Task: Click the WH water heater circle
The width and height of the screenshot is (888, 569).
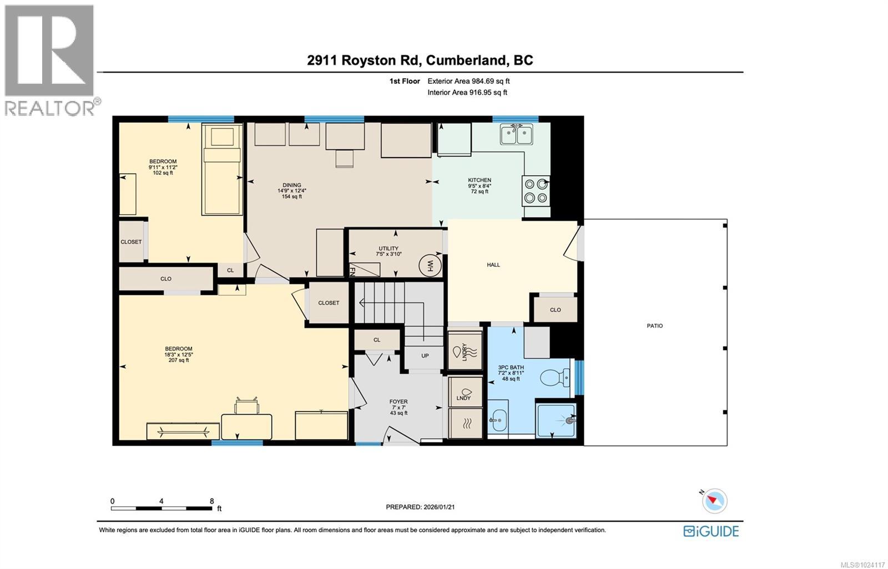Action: click(x=430, y=265)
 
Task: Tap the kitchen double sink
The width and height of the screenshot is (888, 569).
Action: click(x=516, y=134)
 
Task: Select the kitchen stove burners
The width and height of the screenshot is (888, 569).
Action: click(x=536, y=190)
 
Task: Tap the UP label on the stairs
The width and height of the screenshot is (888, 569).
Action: click(x=425, y=356)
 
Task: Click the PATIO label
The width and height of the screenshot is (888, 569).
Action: click(x=655, y=326)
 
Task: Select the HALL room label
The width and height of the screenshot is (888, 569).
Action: click(x=493, y=265)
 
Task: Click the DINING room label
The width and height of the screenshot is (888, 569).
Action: click(x=291, y=185)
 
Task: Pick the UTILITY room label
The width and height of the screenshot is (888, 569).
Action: click(x=389, y=248)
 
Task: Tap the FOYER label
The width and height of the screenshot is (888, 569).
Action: click(x=398, y=402)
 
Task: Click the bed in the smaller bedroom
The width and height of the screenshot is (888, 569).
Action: click(x=222, y=169)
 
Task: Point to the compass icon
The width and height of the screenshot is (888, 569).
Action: click(x=714, y=501)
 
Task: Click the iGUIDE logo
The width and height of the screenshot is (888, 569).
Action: click(x=711, y=531)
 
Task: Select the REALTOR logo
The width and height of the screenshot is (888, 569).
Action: click(x=50, y=61)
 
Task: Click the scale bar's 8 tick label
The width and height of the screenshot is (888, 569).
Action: click(x=212, y=501)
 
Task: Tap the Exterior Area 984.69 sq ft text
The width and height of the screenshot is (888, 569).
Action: click(x=468, y=81)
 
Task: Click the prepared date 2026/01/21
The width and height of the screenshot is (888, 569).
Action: click(x=439, y=507)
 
